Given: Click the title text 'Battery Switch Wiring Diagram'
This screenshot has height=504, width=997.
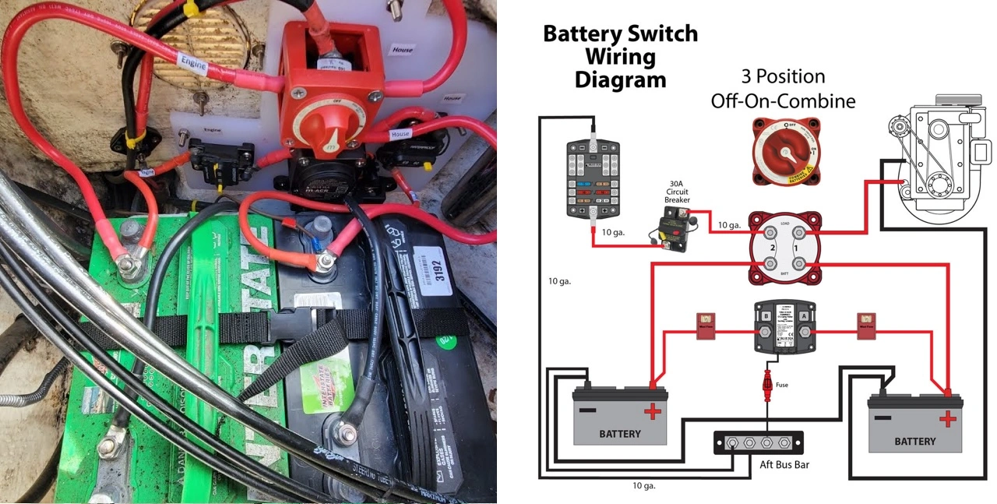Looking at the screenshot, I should tap(620, 56).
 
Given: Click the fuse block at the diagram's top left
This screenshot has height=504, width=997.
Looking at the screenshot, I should tap(594, 178).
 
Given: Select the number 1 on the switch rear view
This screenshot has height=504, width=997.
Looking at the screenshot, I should tap(795, 248).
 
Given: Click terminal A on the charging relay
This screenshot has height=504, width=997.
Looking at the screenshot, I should tap(804, 316).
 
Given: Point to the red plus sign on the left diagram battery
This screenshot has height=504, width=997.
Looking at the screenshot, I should tap(651, 412).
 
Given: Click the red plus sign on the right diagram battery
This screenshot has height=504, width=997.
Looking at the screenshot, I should tap(947, 419).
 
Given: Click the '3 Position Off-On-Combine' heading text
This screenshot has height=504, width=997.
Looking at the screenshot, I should tap(783, 89).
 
